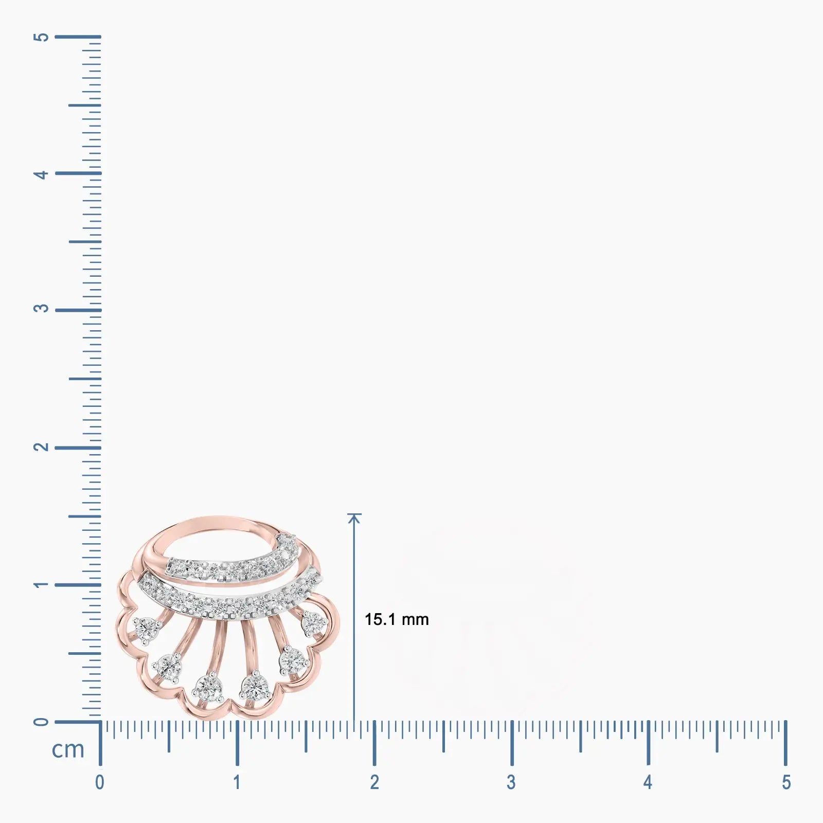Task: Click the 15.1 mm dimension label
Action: point(397,619)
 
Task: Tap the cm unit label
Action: point(68,749)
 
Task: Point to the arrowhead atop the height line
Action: point(354,518)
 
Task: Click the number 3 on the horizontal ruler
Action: point(511,782)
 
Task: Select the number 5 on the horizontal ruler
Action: point(786,782)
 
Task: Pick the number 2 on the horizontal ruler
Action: point(374,782)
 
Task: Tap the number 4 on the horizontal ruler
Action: point(648,782)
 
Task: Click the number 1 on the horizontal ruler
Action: point(237,782)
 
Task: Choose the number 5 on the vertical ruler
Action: point(41,37)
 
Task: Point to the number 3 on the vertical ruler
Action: point(41,309)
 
